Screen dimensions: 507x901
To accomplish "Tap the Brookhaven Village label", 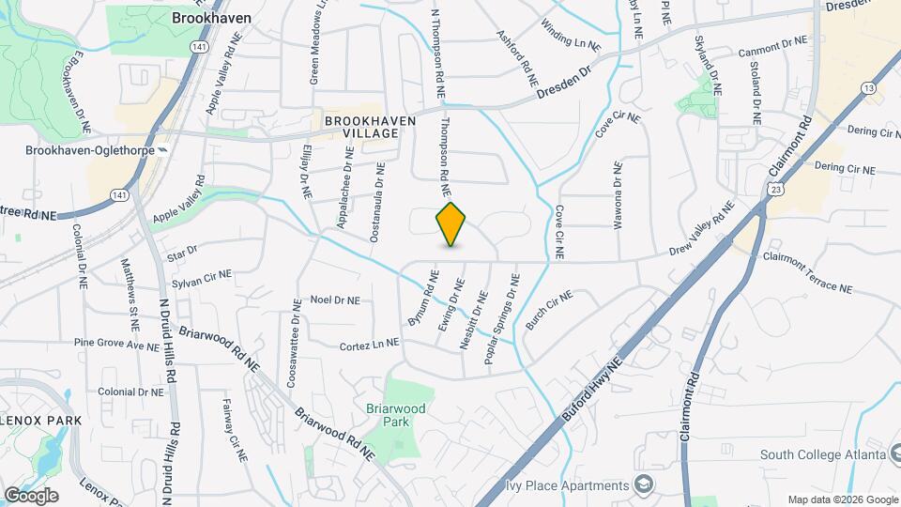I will [361, 128].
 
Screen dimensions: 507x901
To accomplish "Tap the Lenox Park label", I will [40, 420].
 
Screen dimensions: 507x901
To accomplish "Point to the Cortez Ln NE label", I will [369, 345].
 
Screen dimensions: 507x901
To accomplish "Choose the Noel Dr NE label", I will [335, 300].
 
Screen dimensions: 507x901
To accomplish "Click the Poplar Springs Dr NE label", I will [501, 318].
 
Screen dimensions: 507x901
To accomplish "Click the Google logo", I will [31, 495].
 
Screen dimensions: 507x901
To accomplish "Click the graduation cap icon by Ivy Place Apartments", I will [644, 484].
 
